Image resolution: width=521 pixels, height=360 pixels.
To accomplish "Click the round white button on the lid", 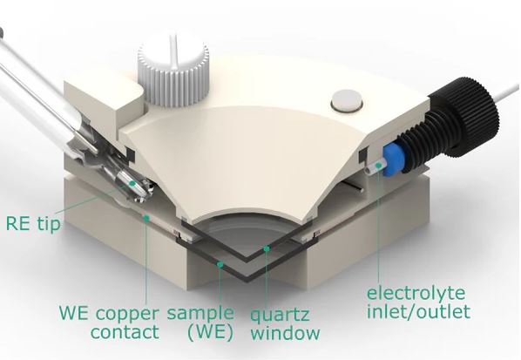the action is click(347, 100).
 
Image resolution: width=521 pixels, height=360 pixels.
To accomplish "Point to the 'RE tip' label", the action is click(33, 223).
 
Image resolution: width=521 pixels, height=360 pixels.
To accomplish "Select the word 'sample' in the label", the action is click(200, 313).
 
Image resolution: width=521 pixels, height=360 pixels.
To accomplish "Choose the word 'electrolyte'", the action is click(416, 293).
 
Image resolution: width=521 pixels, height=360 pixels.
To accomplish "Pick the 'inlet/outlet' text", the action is click(418, 311).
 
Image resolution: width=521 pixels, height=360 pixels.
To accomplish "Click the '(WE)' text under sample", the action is click(210, 332).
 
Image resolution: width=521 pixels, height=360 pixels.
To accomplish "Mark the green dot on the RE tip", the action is click(132, 183).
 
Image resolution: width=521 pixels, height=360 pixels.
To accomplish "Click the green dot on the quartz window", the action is click(266, 248).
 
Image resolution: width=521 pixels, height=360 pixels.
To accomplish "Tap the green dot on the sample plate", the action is click(220, 264).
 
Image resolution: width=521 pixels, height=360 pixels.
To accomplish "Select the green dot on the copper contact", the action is click(145, 217).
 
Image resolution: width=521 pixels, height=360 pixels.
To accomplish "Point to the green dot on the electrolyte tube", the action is click(378, 165).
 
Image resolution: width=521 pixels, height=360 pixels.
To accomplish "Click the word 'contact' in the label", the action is click(125, 332).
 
